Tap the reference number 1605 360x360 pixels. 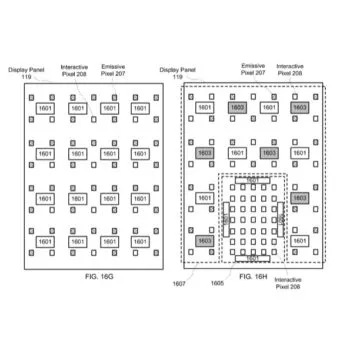tap(216, 284)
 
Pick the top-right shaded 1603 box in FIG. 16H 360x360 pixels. tap(299, 107)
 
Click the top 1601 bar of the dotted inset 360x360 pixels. tap(252, 180)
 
